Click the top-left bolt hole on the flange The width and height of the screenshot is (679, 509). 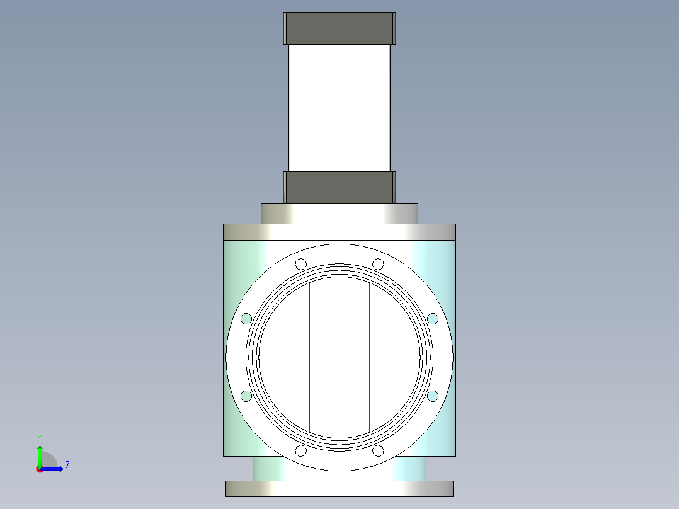click(301, 263)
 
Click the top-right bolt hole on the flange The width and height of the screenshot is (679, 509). click(378, 263)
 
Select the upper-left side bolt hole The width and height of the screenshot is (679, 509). click(246, 319)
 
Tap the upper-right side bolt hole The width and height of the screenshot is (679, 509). click(433, 319)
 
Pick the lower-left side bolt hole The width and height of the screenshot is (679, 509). click(246, 396)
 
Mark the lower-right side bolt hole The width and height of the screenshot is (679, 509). click(433, 396)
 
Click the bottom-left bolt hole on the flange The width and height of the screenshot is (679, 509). click(301, 451)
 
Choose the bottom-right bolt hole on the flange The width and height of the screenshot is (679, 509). click(378, 451)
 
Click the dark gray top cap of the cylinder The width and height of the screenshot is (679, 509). click(339, 28)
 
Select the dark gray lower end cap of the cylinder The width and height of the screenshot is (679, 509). click(339, 187)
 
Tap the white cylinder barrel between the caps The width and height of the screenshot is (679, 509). click(339, 107)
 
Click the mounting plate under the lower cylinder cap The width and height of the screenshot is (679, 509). click(339, 213)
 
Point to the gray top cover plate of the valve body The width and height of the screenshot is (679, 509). click(339, 232)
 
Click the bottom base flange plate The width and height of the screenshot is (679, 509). click(339, 488)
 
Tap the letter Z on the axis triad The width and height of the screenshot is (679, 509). click(67, 466)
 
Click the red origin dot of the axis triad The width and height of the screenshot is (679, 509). click(39, 469)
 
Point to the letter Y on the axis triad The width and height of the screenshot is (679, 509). click(39, 437)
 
